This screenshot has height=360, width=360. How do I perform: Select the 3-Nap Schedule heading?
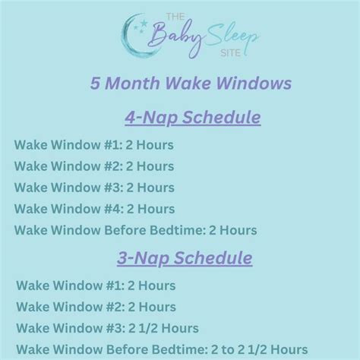pyautogui.click(x=185, y=258)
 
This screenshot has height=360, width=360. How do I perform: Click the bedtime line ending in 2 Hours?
pyautogui.click(x=135, y=229)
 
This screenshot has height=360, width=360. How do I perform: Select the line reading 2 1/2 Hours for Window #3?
pyautogui.click(x=107, y=328)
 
